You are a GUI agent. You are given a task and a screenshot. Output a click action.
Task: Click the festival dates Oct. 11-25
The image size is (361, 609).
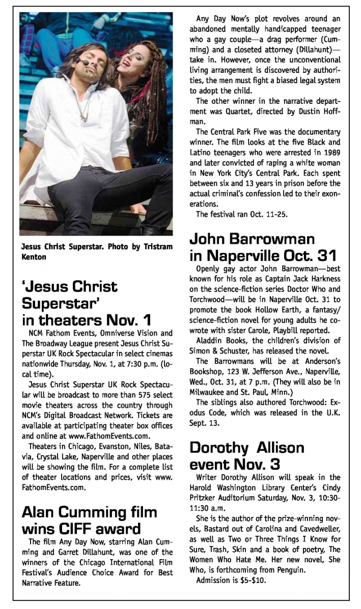point(266,213)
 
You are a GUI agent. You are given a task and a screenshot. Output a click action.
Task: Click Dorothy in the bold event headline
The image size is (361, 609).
point(221,448)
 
